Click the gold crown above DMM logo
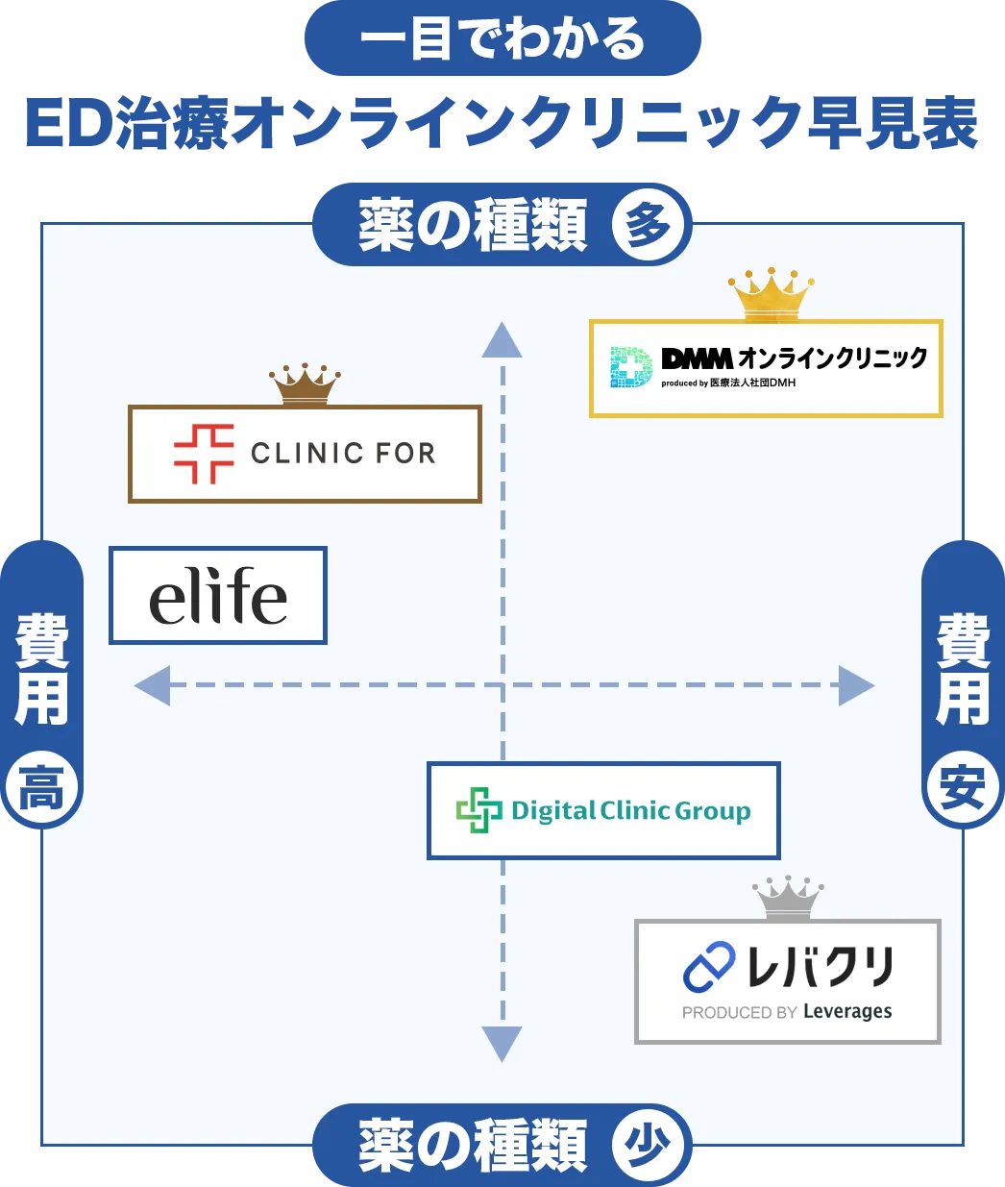[771, 295]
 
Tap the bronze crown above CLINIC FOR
[305, 384]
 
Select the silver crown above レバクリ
[788, 899]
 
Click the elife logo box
[218, 596]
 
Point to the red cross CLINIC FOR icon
[204, 454]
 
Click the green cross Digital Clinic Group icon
[478, 810]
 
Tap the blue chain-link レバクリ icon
[709, 967]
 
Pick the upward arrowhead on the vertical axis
[502, 341]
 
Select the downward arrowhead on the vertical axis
[502, 1043]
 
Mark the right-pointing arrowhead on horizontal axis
[855, 685]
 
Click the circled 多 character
[649, 227]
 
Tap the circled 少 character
[649, 1146]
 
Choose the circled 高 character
[41, 790]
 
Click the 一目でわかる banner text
[502, 40]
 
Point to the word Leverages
[847, 1012]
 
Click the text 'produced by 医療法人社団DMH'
[728, 383]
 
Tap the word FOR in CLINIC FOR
[404, 454]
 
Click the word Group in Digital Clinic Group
[712, 811]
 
